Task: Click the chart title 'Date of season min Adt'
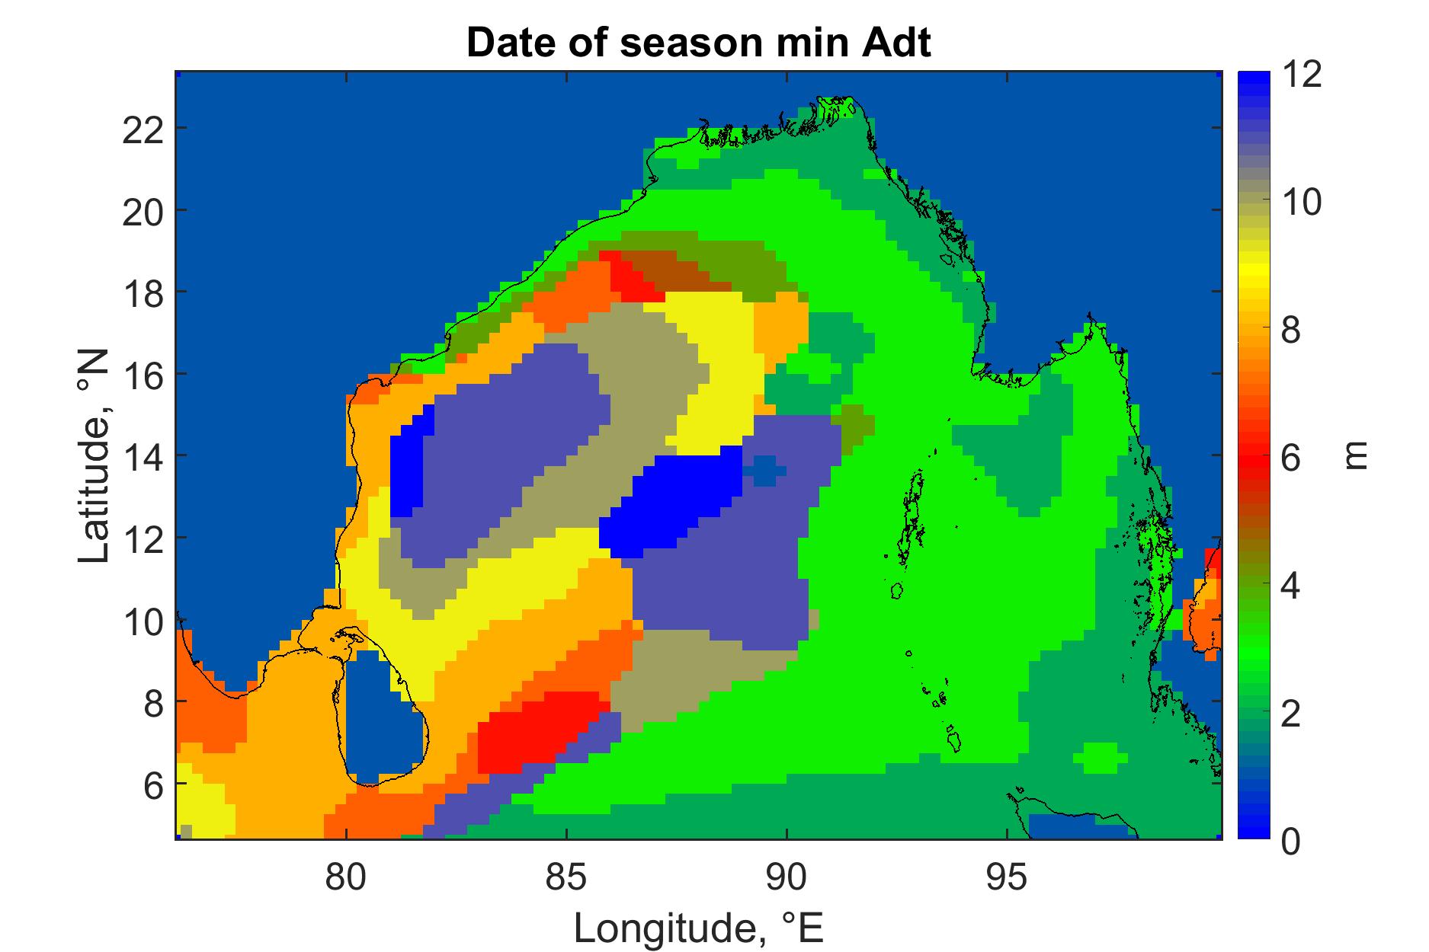(698, 43)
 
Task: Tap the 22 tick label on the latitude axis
(143, 128)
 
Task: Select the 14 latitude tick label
(143, 455)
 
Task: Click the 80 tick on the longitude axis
(347, 878)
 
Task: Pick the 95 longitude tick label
(1008, 878)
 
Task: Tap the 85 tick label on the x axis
(567, 878)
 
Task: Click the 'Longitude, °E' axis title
(699, 928)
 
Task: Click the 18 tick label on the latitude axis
(143, 292)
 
